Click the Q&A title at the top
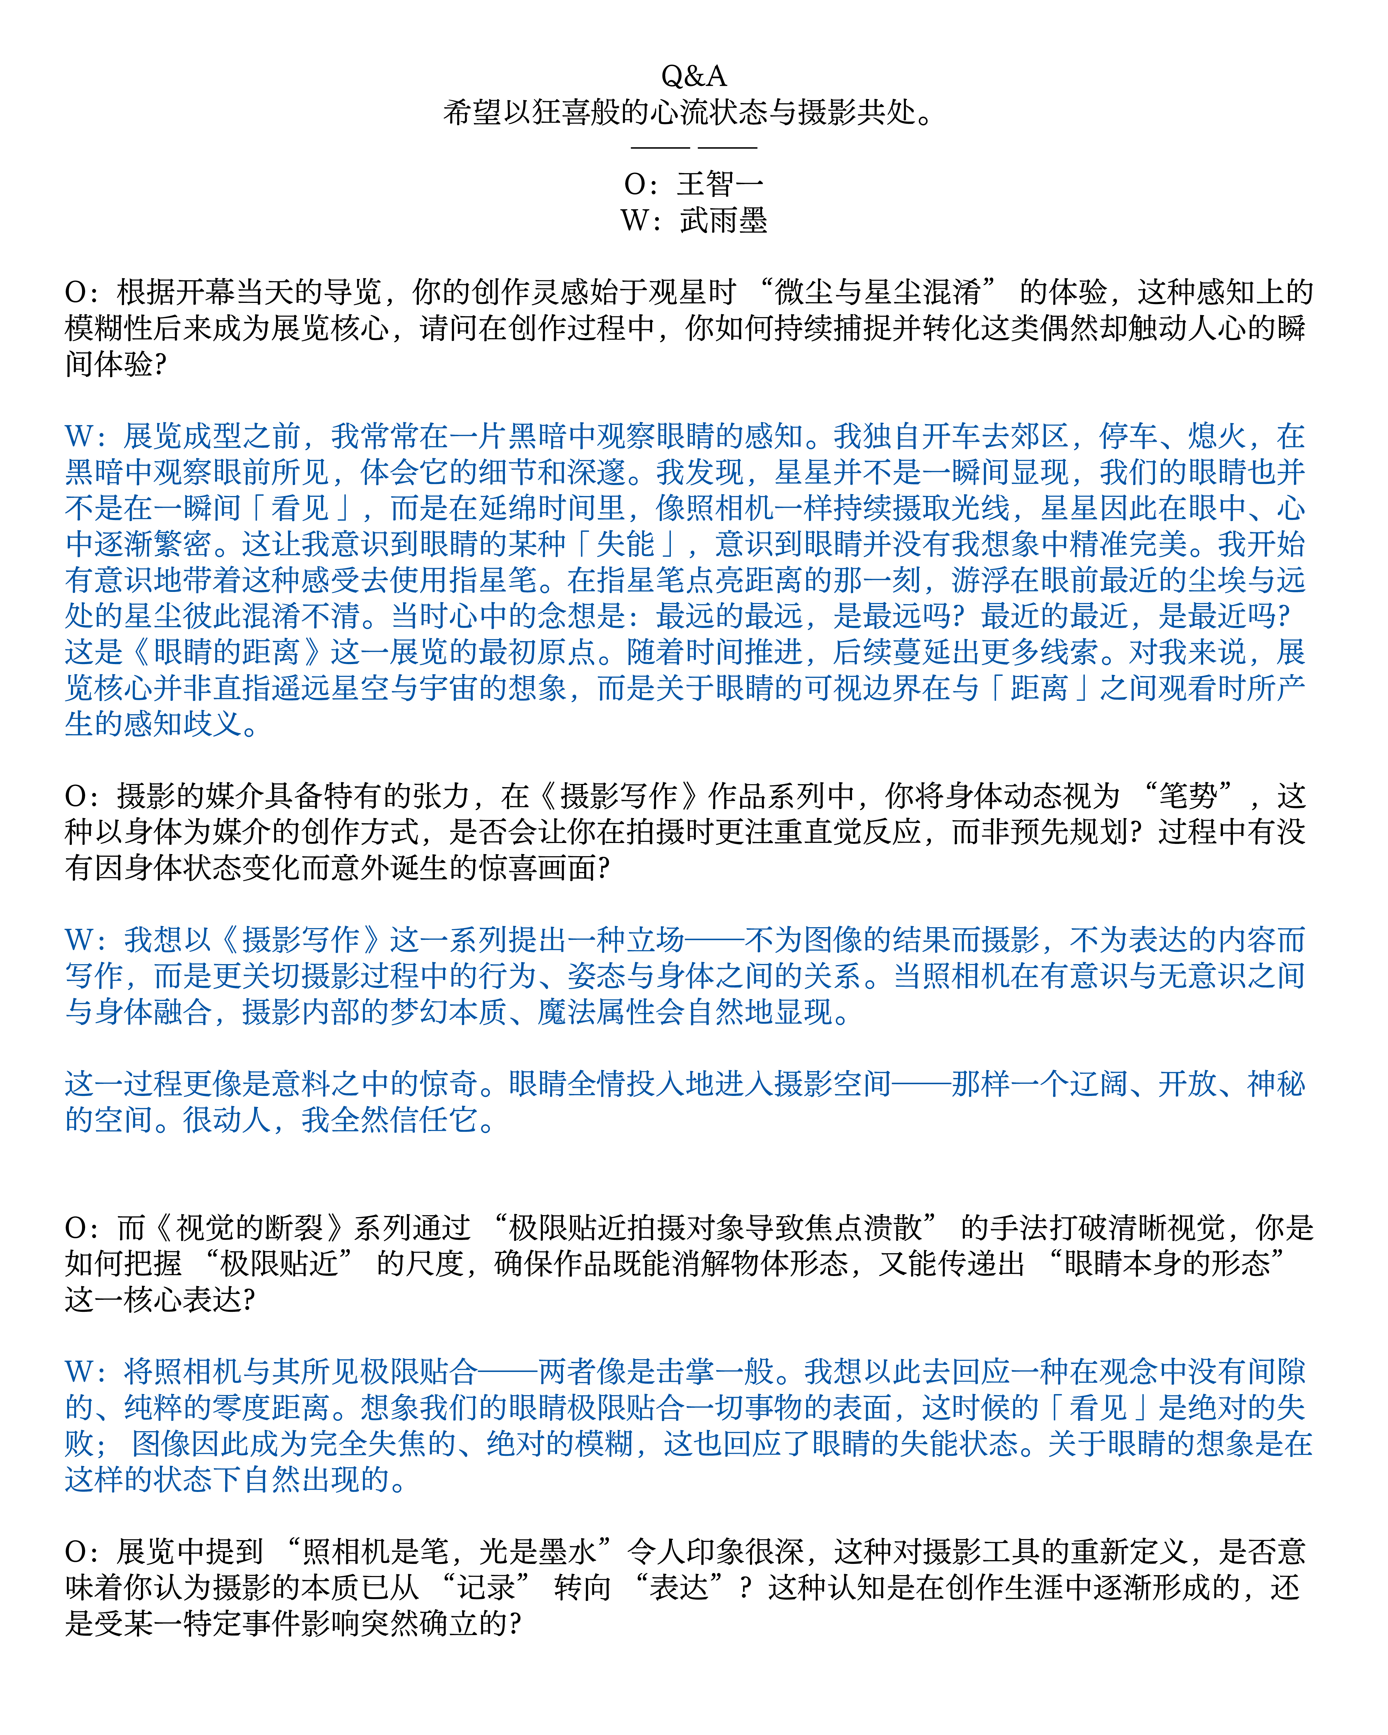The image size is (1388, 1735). [x=694, y=76]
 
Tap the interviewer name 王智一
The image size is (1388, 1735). [x=720, y=184]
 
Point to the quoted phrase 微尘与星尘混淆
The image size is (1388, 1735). [x=877, y=291]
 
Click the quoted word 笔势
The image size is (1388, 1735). [x=1187, y=796]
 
